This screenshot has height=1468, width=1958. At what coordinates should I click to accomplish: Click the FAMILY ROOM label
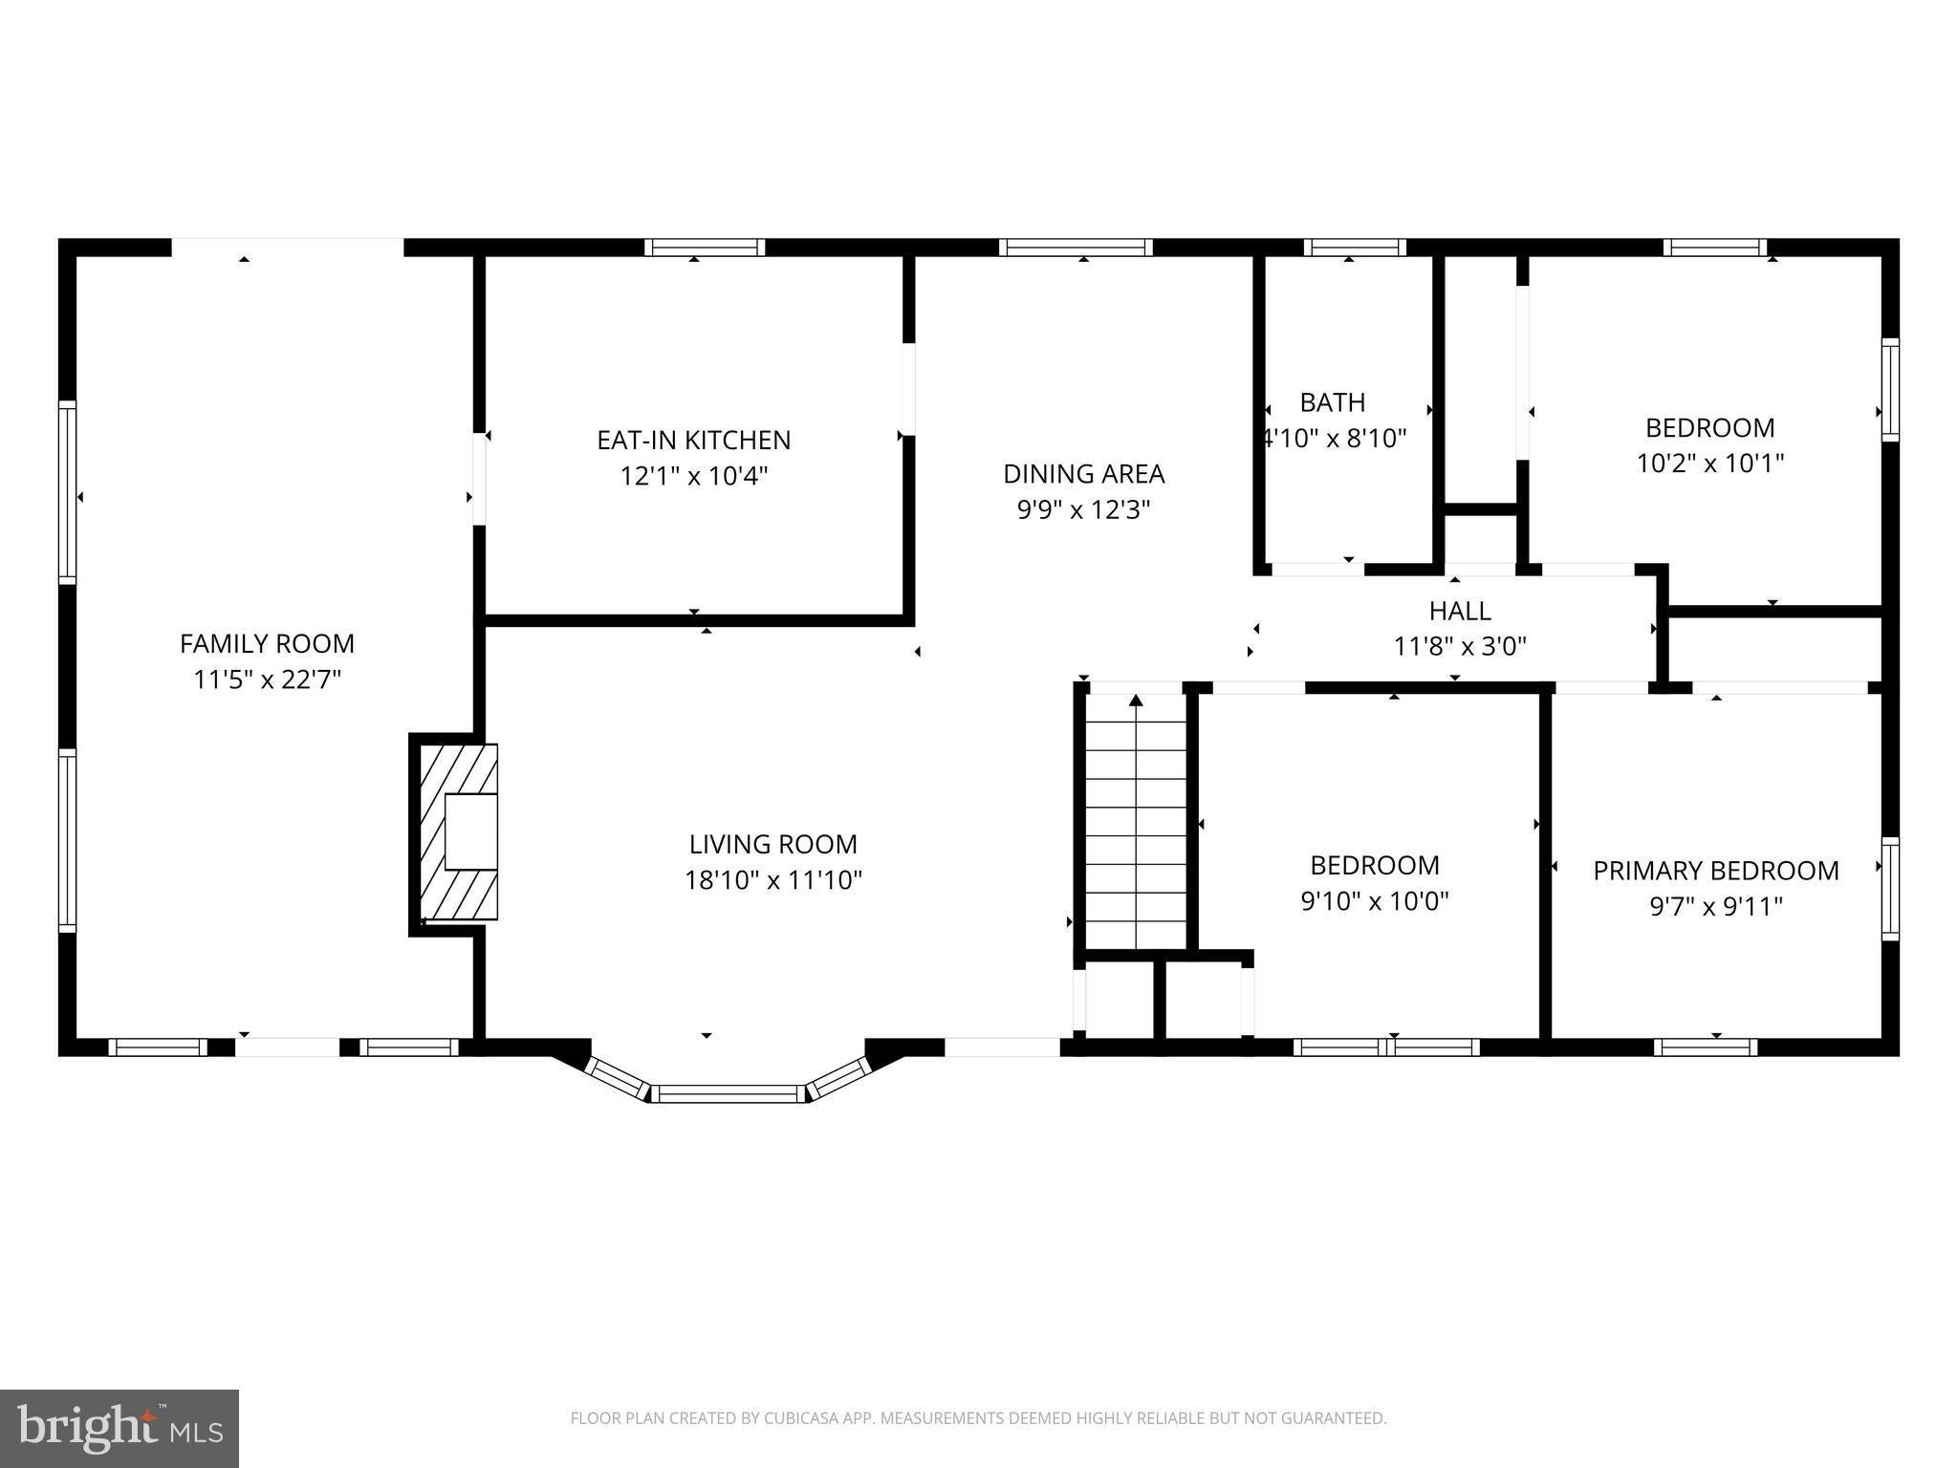point(267,644)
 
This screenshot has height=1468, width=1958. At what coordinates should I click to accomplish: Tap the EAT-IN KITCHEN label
point(694,441)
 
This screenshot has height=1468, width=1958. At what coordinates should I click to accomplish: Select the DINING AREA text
point(1083,474)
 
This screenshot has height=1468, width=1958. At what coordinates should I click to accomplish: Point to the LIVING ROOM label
point(773,845)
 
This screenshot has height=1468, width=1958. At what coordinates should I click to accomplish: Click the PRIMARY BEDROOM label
point(1716,871)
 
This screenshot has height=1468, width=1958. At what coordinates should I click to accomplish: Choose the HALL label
point(1460,611)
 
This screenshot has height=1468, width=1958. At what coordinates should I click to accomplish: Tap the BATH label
point(1333,402)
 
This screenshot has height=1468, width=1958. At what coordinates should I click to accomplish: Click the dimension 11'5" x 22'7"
point(267,680)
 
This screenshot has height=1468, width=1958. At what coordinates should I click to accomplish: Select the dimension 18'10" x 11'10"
point(773,880)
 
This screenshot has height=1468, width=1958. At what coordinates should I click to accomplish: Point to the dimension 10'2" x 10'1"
point(1710,464)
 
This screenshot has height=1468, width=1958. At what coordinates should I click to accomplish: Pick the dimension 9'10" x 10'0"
point(1375,901)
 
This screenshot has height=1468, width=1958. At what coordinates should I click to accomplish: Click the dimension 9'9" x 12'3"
point(1083,509)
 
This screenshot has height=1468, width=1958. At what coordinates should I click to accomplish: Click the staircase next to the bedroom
point(1136,822)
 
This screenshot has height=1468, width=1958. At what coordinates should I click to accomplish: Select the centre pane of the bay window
point(729,1093)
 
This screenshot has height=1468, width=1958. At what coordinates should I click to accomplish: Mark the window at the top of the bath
point(1355,248)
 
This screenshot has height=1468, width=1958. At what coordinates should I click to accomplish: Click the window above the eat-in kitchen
point(705,248)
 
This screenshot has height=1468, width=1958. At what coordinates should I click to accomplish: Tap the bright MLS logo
point(120,1429)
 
